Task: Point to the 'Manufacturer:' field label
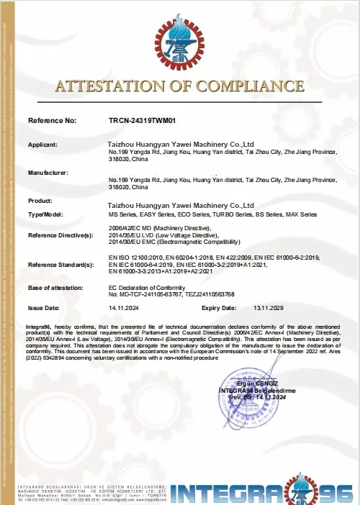tap(48, 173)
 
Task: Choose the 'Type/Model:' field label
tap(45, 214)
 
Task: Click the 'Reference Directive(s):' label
tap(60, 235)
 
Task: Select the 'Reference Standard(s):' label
tap(60, 265)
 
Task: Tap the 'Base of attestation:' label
tap(56, 288)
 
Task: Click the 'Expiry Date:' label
tap(218, 307)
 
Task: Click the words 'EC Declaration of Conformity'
tap(151, 287)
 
